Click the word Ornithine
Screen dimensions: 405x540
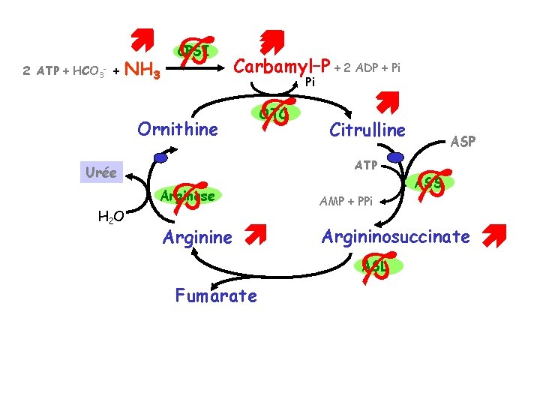tap(178, 129)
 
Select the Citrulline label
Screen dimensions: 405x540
tap(367, 130)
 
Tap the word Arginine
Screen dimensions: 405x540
tap(198, 238)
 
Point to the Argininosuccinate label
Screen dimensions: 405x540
tap(396, 236)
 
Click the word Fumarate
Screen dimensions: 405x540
tap(216, 295)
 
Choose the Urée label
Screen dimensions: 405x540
tap(100, 172)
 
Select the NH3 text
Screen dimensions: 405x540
tap(142, 71)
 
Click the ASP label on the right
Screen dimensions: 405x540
tap(463, 141)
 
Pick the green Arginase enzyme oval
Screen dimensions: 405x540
tap(188, 196)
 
